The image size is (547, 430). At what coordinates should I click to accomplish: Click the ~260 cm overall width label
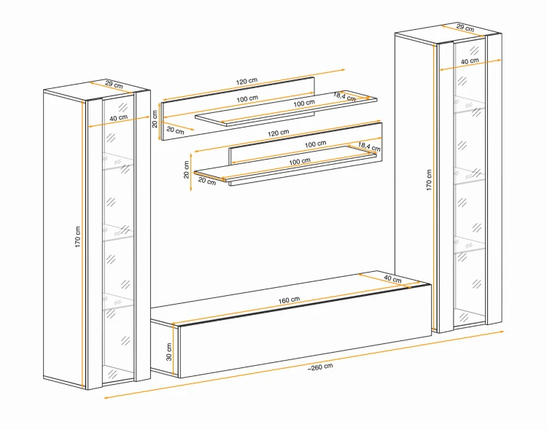pyautogui.click(x=320, y=367)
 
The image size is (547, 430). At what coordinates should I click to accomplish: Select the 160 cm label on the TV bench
pyautogui.click(x=289, y=300)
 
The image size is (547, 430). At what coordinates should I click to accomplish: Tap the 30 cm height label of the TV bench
pyautogui.click(x=169, y=352)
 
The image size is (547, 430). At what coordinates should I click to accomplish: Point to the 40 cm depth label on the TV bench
pyautogui.click(x=392, y=278)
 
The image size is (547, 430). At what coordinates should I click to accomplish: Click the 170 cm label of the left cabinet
pyautogui.click(x=77, y=237)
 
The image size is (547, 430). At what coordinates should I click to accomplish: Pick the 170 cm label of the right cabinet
pyautogui.click(x=429, y=180)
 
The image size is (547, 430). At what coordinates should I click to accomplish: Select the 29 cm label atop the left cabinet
pyautogui.click(x=114, y=84)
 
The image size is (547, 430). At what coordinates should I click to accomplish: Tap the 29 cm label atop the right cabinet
pyautogui.click(x=465, y=28)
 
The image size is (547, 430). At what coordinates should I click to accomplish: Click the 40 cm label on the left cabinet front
pyautogui.click(x=119, y=118)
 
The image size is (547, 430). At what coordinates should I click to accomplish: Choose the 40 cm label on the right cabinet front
pyautogui.click(x=470, y=61)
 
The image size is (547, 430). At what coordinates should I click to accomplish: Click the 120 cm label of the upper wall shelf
pyautogui.click(x=247, y=81)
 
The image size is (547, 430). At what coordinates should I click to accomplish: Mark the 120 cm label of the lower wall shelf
pyautogui.click(x=279, y=133)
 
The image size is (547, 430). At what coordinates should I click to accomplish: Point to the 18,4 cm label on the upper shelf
pyautogui.click(x=344, y=96)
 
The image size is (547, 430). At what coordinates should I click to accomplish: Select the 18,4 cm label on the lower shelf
pyautogui.click(x=369, y=146)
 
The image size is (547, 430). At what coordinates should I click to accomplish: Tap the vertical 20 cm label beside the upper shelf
pyautogui.click(x=155, y=119)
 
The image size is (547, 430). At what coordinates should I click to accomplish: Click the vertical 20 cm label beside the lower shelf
pyautogui.click(x=187, y=170)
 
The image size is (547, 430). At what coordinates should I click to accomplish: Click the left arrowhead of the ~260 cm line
pyautogui.click(x=106, y=397)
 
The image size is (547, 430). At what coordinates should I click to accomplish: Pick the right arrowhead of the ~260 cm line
pyautogui.click(x=502, y=332)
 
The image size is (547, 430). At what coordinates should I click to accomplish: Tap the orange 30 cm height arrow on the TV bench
pyautogui.click(x=174, y=349)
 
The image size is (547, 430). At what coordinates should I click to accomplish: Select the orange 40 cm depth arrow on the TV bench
pyautogui.click(x=384, y=281)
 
